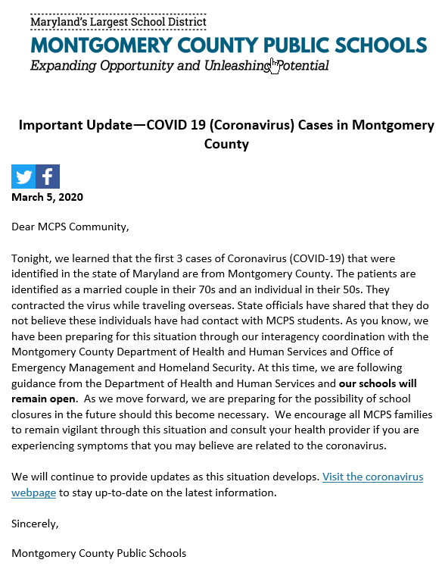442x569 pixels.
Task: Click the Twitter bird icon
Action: (x=23, y=177)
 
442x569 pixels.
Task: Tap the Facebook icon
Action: (x=48, y=177)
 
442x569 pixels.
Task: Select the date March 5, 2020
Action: (x=47, y=198)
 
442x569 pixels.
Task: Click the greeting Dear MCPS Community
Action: (x=70, y=226)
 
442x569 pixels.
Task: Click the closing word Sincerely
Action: (x=35, y=523)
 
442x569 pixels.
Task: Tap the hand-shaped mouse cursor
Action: (x=275, y=66)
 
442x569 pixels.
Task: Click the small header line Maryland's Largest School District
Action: (x=118, y=23)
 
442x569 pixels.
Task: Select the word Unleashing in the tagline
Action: (x=235, y=66)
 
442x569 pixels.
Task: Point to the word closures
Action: (x=34, y=414)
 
